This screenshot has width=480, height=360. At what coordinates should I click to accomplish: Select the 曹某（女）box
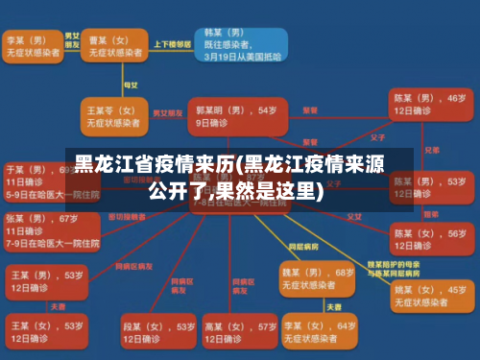112,47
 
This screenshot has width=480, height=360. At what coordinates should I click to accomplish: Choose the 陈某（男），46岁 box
429,105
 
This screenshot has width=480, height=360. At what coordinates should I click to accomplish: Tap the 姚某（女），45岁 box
429,296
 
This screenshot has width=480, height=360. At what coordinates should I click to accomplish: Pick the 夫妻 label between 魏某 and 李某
333,306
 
